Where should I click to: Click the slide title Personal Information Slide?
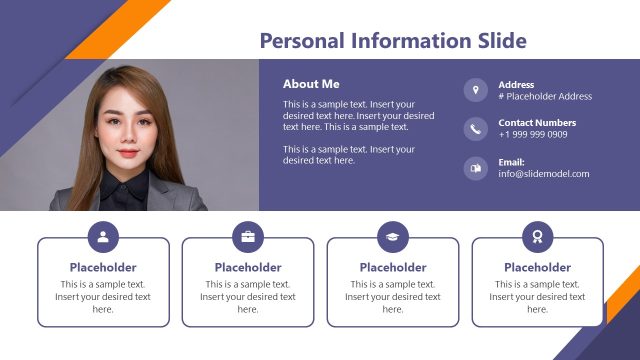click(x=392, y=41)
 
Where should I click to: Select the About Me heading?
click(x=311, y=84)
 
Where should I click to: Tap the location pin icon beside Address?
click(x=475, y=90)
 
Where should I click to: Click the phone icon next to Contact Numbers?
click(x=475, y=129)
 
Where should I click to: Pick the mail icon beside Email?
click(x=475, y=168)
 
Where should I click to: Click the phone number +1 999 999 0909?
click(x=533, y=135)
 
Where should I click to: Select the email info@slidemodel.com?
click(x=544, y=174)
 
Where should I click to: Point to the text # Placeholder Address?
click(x=545, y=97)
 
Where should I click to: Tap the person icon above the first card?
click(x=103, y=237)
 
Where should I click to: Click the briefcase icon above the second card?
click(x=248, y=237)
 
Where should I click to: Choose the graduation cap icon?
click(x=393, y=237)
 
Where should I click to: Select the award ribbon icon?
click(x=538, y=237)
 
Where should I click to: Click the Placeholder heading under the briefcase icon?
click(x=248, y=268)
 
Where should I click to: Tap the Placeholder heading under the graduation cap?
click(x=393, y=268)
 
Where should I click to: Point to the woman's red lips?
click(x=128, y=155)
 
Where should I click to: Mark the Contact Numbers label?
click(x=537, y=123)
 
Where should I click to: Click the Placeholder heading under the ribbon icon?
click(x=538, y=268)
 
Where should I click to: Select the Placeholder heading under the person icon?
click(x=103, y=268)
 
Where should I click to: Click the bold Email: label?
click(x=511, y=162)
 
